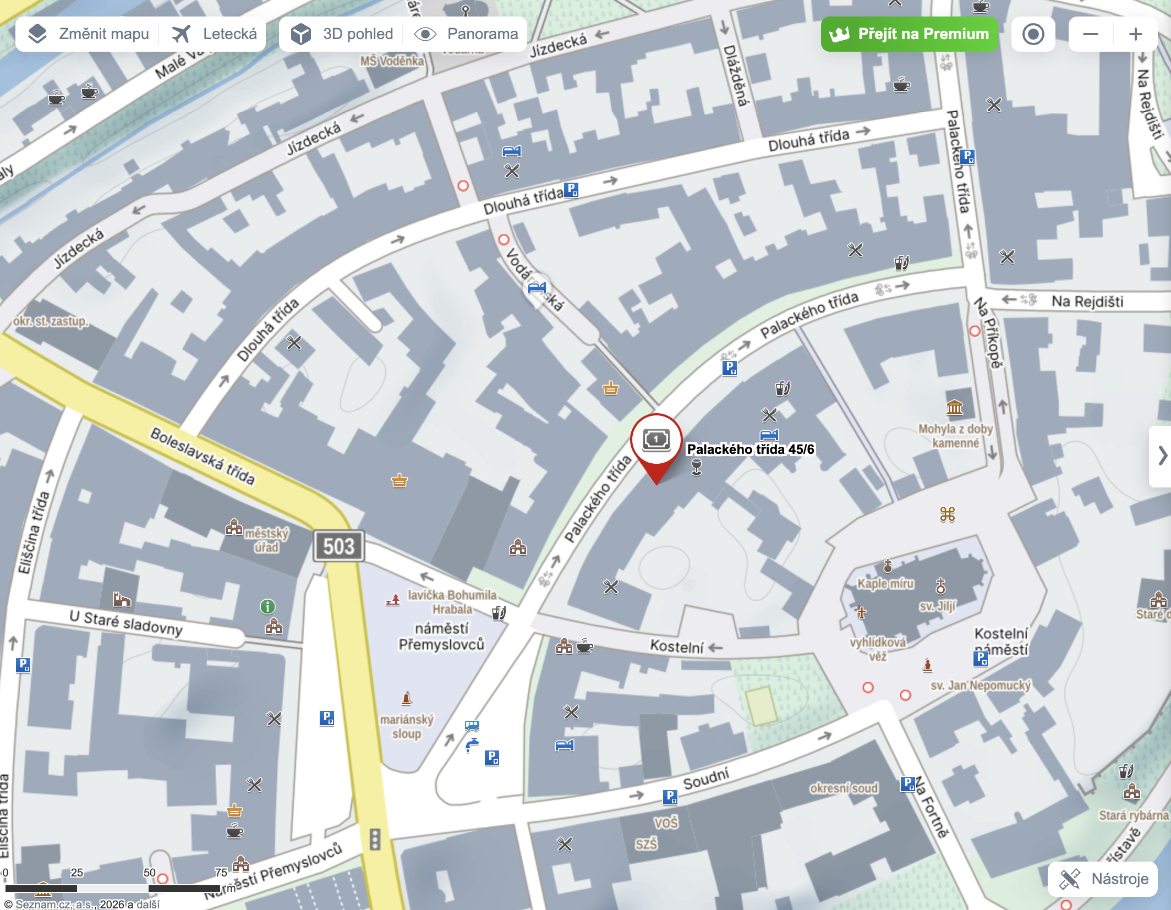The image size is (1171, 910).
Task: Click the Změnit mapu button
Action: [89, 34]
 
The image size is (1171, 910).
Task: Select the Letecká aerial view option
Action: [214, 34]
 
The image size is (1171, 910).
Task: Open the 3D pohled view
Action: [342, 34]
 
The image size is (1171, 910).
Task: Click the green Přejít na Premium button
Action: [909, 34]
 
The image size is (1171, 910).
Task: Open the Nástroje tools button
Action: [1103, 879]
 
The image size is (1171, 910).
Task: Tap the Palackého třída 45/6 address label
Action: [750, 449]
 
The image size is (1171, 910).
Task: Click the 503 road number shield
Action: [338, 546]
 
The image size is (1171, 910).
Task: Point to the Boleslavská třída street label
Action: [203, 456]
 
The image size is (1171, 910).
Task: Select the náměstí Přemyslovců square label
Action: [441, 636]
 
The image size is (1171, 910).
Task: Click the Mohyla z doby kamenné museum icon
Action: [955, 408]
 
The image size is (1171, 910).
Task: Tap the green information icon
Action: [267, 606]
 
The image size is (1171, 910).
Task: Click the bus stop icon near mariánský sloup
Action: [472, 726]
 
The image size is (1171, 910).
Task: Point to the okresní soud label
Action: [844, 788]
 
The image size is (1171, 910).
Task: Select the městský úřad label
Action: [266, 540]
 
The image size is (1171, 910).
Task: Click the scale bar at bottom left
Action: [113, 887]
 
